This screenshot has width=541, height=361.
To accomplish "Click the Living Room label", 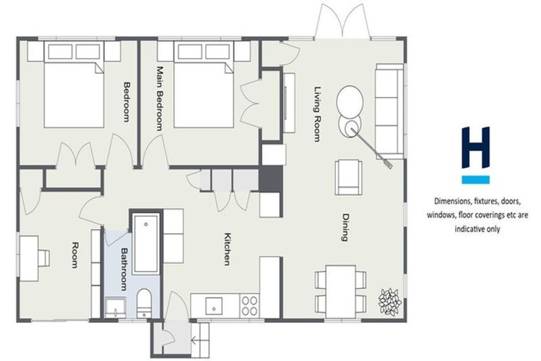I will pos(317,114).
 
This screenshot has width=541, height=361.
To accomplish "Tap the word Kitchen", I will pos(228,248).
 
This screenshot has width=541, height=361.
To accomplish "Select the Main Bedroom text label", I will pos(160,98).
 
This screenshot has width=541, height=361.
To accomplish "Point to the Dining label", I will pos(345,227).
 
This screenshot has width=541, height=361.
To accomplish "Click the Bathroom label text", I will pos(123,269).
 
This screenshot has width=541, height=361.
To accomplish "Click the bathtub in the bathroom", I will pos(146,244).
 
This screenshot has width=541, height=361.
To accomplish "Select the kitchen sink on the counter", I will pos(212,305).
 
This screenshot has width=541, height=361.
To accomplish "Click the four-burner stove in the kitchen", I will pos(249,305).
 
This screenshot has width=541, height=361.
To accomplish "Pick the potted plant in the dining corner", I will pos(390,301).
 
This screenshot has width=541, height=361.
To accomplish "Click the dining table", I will pos(341,290).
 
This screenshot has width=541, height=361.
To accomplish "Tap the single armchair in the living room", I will pos(349,176).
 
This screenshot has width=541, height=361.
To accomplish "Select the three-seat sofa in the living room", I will pos(388,111).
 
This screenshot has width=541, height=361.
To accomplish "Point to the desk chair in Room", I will pos(44,257).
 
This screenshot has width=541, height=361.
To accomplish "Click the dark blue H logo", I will pos(475,147).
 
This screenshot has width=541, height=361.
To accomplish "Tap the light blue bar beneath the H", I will pos(475,179).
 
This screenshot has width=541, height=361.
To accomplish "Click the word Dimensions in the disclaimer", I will pos(453,200).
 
